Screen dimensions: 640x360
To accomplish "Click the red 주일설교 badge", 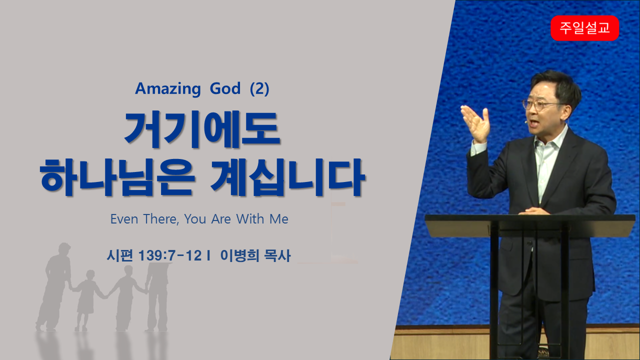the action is click(584, 28).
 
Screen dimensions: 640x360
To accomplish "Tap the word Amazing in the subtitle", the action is click(168, 88).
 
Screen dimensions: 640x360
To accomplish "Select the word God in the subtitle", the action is click(225, 88).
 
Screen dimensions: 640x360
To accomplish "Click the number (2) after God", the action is click(259, 88).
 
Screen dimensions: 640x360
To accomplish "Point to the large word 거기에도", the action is click(202, 129).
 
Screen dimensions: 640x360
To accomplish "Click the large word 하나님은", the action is click(117, 177).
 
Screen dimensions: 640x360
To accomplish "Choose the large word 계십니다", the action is click(287, 177).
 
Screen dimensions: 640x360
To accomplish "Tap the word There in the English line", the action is click(161, 219).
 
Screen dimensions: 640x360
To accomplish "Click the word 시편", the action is click(119, 255).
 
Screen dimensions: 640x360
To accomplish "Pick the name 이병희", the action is click(239, 255).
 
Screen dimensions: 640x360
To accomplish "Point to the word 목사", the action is click(277, 255).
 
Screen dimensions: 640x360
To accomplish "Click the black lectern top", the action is click(530, 225).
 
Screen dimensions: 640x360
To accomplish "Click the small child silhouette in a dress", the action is click(86, 300).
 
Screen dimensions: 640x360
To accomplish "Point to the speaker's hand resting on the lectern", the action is click(533, 211).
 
